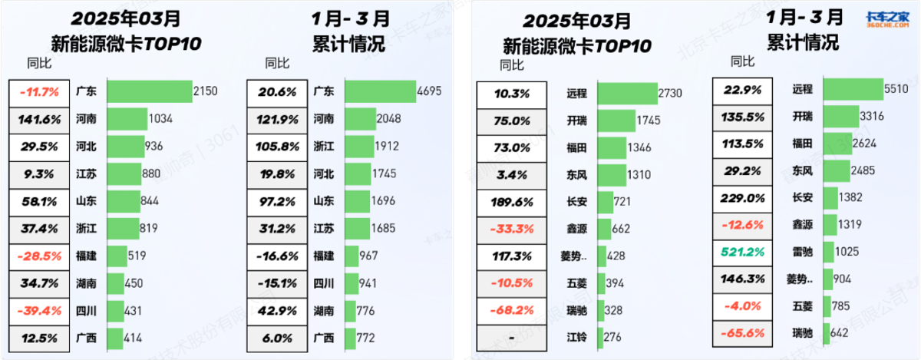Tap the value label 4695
click(x=427, y=91)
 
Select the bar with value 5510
click(x=852, y=89)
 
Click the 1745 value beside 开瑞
click(x=647, y=121)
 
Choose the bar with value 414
click(x=114, y=338)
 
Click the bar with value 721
click(x=604, y=203)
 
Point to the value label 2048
click(x=387, y=119)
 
